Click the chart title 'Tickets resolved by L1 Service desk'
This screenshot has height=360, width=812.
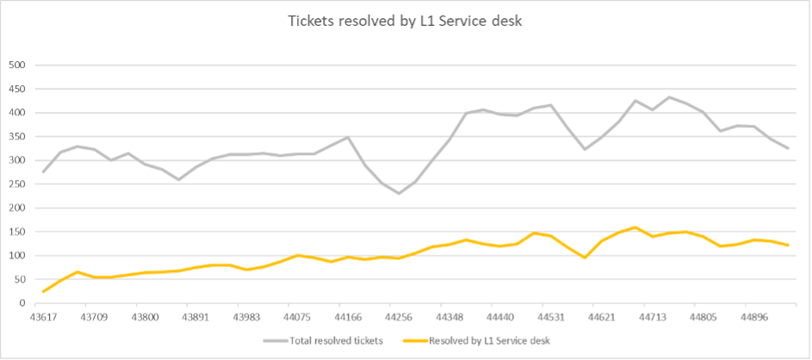tap(406, 22)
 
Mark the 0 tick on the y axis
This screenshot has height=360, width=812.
tap(24, 303)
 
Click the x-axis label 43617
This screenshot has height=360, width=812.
tap(44, 317)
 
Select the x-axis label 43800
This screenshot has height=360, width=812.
tap(145, 317)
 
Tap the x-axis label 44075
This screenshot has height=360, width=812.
tap(297, 317)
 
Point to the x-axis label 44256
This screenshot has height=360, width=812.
tap(399, 317)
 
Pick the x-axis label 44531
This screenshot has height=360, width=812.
tap(550, 317)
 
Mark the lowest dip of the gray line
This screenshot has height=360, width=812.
tap(399, 193)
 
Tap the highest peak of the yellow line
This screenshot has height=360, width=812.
tap(635, 227)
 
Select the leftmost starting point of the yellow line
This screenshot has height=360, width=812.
tap(44, 291)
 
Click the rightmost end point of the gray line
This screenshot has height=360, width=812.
tap(788, 148)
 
